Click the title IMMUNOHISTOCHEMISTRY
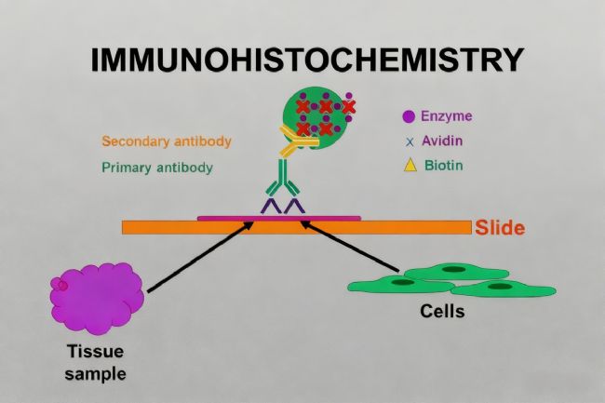pyautogui.click(x=306, y=60)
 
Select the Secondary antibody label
pyautogui.click(x=166, y=142)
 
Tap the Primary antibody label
pyautogui.click(x=156, y=168)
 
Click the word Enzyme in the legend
pyautogui.click(x=446, y=117)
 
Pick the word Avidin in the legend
pyautogui.click(x=442, y=141)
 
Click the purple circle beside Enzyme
pyautogui.click(x=409, y=117)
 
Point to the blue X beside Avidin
pyautogui.click(x=410, y=142)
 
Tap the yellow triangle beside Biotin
pyautogui.click(x=409, y=166)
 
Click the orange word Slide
pyautogui.click(x=500, y=227)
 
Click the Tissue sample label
pyautogui.click(x=96, y=363)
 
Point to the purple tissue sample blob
pyautogui.click(x=96, y=295)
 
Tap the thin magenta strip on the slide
pyautogui.click(x=278, y=218)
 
